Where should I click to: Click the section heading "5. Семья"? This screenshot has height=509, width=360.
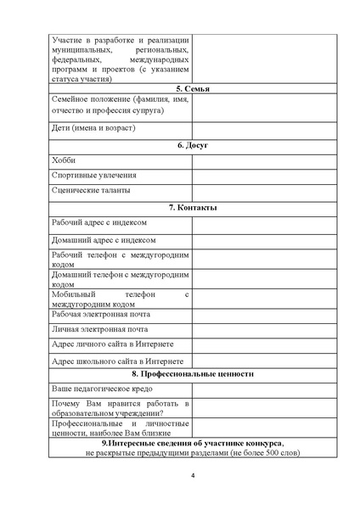click(x=192, y=89)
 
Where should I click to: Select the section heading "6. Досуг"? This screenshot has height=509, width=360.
click(x=192, y=145)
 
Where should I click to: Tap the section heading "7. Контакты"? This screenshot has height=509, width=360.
click(x=192, y=208)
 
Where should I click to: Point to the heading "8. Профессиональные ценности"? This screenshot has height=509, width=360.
click(x=192, y=373)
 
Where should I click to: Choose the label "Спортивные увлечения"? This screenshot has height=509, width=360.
click(x=93, y=176)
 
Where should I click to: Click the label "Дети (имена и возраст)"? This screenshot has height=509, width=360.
click(x=93, y=128)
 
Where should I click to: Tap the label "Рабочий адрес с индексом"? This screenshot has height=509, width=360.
click(x=99, y=222)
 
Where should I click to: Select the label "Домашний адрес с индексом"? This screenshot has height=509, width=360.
click(x=103, y=240)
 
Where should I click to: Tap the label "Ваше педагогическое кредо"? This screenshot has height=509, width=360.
click(x=102, y=388)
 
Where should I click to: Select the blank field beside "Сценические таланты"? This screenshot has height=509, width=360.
click(x=263, y=192)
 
